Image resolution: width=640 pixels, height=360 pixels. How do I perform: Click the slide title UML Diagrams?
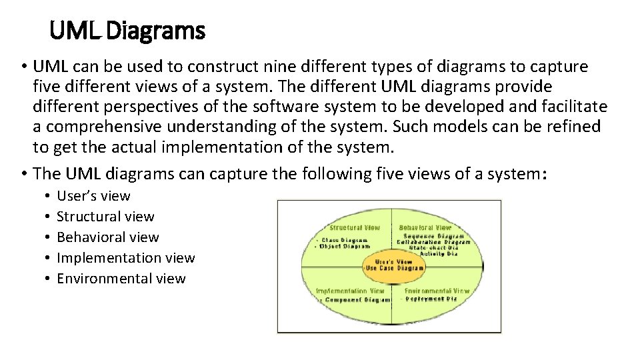pyautogui.click(x=127, y=30)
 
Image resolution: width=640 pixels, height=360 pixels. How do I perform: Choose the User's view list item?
pyautogui.click(x=93, y=196)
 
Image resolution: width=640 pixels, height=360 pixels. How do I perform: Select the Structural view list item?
pyautogui.click(x=105, y=217)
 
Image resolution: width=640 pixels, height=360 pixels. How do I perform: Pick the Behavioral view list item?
pyautogui.click(x=108, y=237)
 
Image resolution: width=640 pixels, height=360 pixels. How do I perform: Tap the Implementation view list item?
pyautogui.click(x=126, y=258)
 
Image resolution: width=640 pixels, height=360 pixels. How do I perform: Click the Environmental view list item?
pyautogui.click(x=121, y=279)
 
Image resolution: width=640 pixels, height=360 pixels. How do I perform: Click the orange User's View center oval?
pyautogui.click(x=393, y=265)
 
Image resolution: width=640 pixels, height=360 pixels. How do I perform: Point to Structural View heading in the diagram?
pyautogui.click(x=354, y=227)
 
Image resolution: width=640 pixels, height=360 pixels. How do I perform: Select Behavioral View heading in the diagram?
pyautogui.click(x=425, y=227)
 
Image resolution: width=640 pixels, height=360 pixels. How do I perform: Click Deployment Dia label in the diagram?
pyautogui.click(x=433, y=299)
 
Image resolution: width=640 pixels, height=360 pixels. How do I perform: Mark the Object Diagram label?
pyautogui.click(x=347, y=246)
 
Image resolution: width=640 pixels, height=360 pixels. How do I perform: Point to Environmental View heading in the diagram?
pyautogui.click(x=437, y=291)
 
